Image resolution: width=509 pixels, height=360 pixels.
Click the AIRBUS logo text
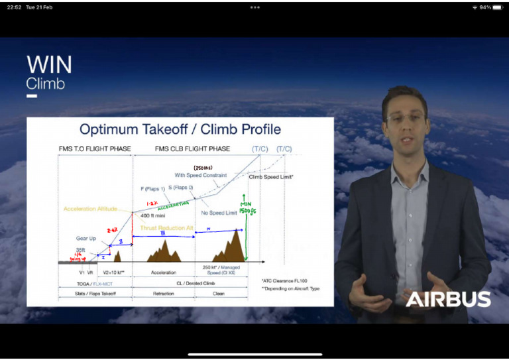(448, 299)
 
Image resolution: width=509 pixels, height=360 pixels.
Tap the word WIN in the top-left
(49, 65)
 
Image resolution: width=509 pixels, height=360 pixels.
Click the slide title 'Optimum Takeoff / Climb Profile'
(180, 129)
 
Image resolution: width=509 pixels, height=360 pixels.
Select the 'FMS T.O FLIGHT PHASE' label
(95, 149)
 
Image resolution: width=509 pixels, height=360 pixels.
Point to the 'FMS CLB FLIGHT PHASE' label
(192, 149)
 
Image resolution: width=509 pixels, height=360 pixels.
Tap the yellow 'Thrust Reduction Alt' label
(167, 228)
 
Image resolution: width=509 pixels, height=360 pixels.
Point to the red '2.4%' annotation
(112, 230)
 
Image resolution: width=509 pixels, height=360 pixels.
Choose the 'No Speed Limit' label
(219, 213)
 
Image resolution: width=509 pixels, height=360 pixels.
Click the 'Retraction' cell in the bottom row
(163, 293)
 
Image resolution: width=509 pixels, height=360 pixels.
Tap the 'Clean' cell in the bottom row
(219, 293)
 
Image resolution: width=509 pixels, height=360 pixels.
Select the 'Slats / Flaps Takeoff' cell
(95, 293)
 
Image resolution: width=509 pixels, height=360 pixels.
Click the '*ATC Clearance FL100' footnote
(285, 280)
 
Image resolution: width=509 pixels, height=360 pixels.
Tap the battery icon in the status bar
(497, 7)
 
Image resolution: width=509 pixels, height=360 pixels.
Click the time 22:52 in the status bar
(14, 7)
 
